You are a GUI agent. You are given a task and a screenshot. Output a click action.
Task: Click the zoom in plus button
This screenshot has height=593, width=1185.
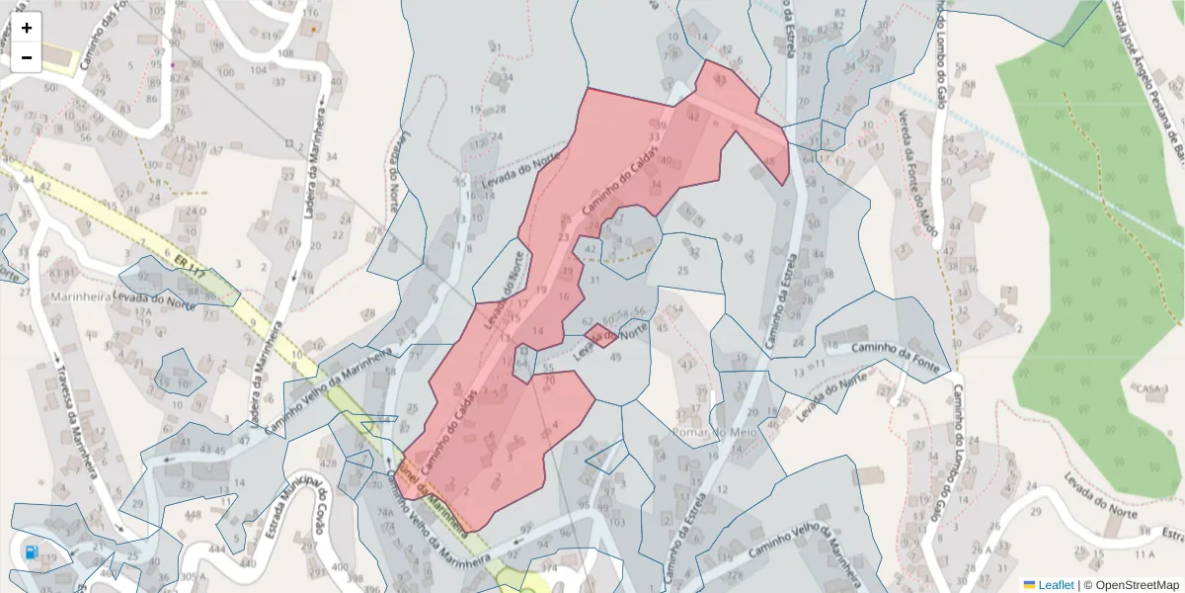point(27,28)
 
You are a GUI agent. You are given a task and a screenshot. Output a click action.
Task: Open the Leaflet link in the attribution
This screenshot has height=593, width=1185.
point(1056,585)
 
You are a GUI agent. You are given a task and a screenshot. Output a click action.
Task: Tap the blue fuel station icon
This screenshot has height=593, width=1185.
point(33,552)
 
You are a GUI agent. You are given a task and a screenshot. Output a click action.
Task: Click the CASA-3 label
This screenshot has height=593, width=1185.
point(1151,389)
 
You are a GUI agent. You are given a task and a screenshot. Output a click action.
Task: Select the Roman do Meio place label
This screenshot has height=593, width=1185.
point(713,432)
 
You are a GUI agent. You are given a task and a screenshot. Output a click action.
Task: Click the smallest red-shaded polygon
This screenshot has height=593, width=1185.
point(600,336)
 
